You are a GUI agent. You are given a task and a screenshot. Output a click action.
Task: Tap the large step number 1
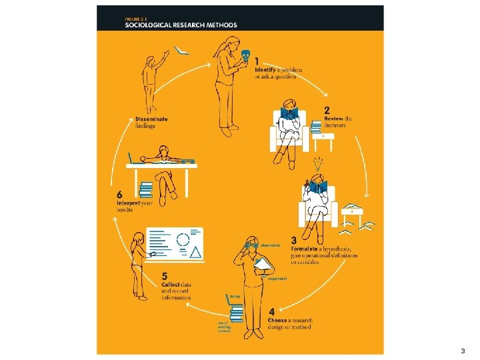coord(257,62)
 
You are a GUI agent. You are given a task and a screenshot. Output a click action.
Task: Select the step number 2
coord(327,111)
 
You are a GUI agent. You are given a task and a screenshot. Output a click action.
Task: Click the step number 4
coord(271,311)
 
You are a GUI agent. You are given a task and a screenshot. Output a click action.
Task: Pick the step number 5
coord(165,276)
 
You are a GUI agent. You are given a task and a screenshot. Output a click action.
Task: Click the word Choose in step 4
coord(278,321)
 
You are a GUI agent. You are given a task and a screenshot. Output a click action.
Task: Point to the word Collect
coord(171,285)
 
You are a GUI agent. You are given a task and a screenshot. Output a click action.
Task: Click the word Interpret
coord(128,203)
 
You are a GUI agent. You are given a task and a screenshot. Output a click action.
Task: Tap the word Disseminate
coord(151,119)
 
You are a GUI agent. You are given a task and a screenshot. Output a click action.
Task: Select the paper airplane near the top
coord(182,50)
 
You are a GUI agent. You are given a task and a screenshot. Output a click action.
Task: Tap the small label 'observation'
coord(271,245)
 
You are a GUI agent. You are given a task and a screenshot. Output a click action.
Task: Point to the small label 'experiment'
coord(277,279)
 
